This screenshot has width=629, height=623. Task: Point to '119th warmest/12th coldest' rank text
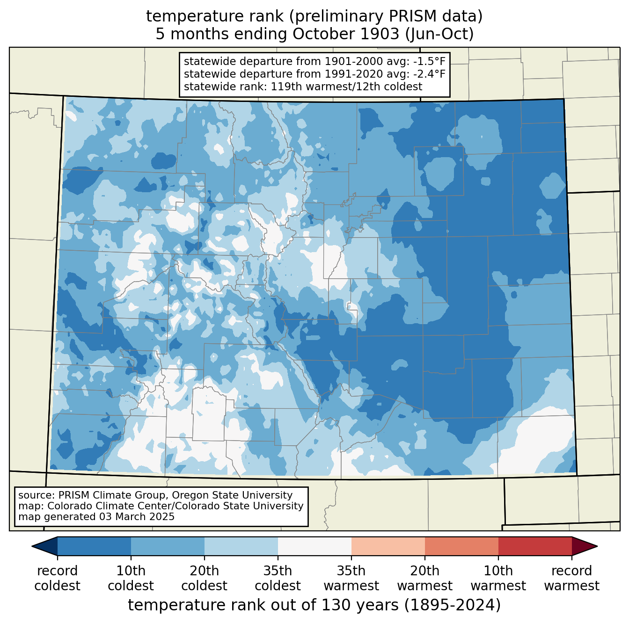click(x=346, y=87)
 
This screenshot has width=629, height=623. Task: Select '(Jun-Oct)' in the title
click(x=439, y=34)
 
